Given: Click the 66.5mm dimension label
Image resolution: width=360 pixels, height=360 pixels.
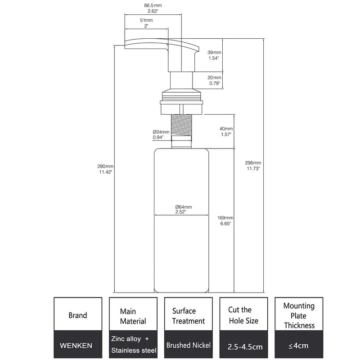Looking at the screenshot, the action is (x=153, y=5).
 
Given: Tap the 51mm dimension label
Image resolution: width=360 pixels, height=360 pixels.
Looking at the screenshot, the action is (x=146, y=20).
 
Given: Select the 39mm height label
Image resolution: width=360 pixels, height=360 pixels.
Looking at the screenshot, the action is (x=214, y=52).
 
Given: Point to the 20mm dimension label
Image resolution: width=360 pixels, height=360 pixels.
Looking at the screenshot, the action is (x=215, y=77).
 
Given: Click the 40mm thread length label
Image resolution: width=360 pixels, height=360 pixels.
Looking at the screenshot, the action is (x=226, y=129).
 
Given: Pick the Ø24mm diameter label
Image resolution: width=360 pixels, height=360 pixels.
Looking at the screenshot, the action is (x=161, y=132).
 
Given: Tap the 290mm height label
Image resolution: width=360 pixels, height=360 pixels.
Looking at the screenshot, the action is (x=105, y=166).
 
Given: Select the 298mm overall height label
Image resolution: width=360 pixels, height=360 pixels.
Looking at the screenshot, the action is (x=253, y=163).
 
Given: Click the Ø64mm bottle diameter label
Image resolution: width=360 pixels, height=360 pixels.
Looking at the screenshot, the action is (x=184, y=207).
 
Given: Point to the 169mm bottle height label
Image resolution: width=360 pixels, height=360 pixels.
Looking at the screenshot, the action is (x=225, y=218).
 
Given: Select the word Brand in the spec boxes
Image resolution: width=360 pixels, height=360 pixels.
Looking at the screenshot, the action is (x=78, y=315).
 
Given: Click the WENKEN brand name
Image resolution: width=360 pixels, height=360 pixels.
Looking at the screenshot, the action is (x=76, y=346).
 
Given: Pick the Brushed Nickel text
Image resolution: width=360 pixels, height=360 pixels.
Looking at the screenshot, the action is (x=189, y=345).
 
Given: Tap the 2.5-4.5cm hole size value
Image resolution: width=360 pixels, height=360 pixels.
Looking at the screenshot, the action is (x=245, y=346).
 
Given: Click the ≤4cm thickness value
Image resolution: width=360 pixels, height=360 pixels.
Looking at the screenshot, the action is (x=298, y=346).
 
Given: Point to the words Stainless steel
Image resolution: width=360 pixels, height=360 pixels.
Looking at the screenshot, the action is (x=134, y=351).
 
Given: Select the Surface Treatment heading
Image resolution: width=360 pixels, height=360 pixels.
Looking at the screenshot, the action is (x=189, y=316).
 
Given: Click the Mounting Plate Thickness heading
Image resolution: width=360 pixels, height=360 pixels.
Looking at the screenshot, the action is (x=299, y=316).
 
